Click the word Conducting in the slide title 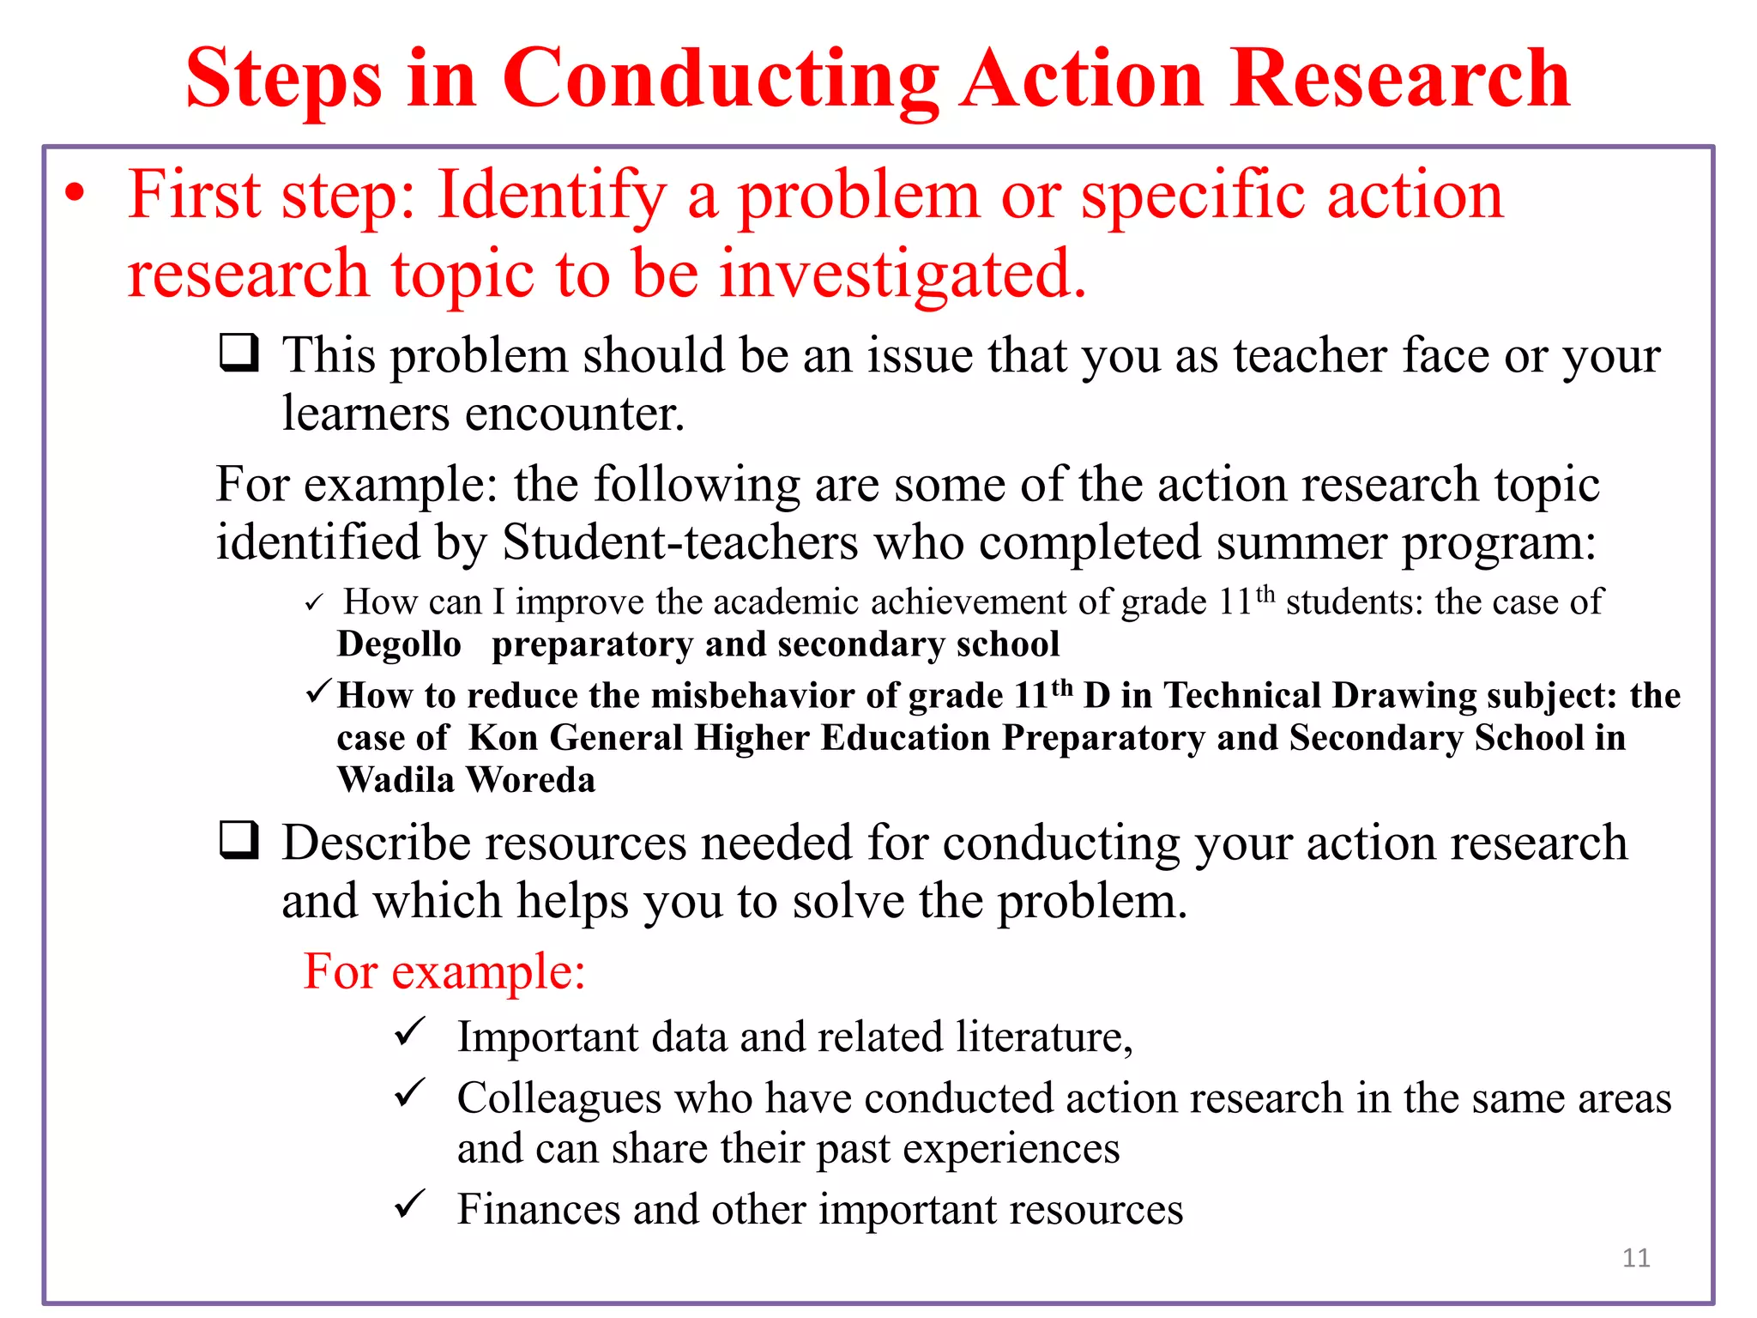click(721, 79)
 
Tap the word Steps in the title click(283, 79)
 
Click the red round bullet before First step click(75, 194)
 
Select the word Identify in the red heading click(551, 196)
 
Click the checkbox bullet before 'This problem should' click(239, 353)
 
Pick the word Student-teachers click(679, 542)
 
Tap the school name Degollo click(399, 644)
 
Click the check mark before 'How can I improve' click(314, 602)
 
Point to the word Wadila click(395, 780)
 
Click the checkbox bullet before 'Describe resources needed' click(239, 840)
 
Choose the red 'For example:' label click(444, 971)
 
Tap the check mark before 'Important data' click(410, 1031)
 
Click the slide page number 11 click(1636, 1258)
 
